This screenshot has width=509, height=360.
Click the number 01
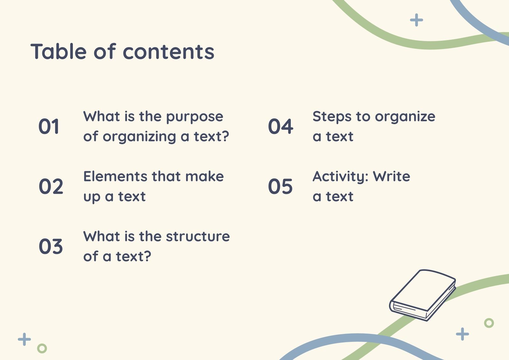point(49,126)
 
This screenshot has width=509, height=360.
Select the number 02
point(51,187)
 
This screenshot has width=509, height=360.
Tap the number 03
point(51,246)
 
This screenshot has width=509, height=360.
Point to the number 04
point(281,126)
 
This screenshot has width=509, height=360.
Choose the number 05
point(280,187)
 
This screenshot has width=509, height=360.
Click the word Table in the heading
point(59,52)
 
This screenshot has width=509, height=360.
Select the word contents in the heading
point(169,52)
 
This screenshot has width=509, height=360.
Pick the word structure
point(198,236)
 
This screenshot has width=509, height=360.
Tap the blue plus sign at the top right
point(416,20)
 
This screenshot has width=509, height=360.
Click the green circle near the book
point(489,323)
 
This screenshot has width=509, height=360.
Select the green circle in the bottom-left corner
point(42,348)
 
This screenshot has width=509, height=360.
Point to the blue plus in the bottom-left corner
point(24,339)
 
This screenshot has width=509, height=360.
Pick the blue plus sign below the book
point(462,334)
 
